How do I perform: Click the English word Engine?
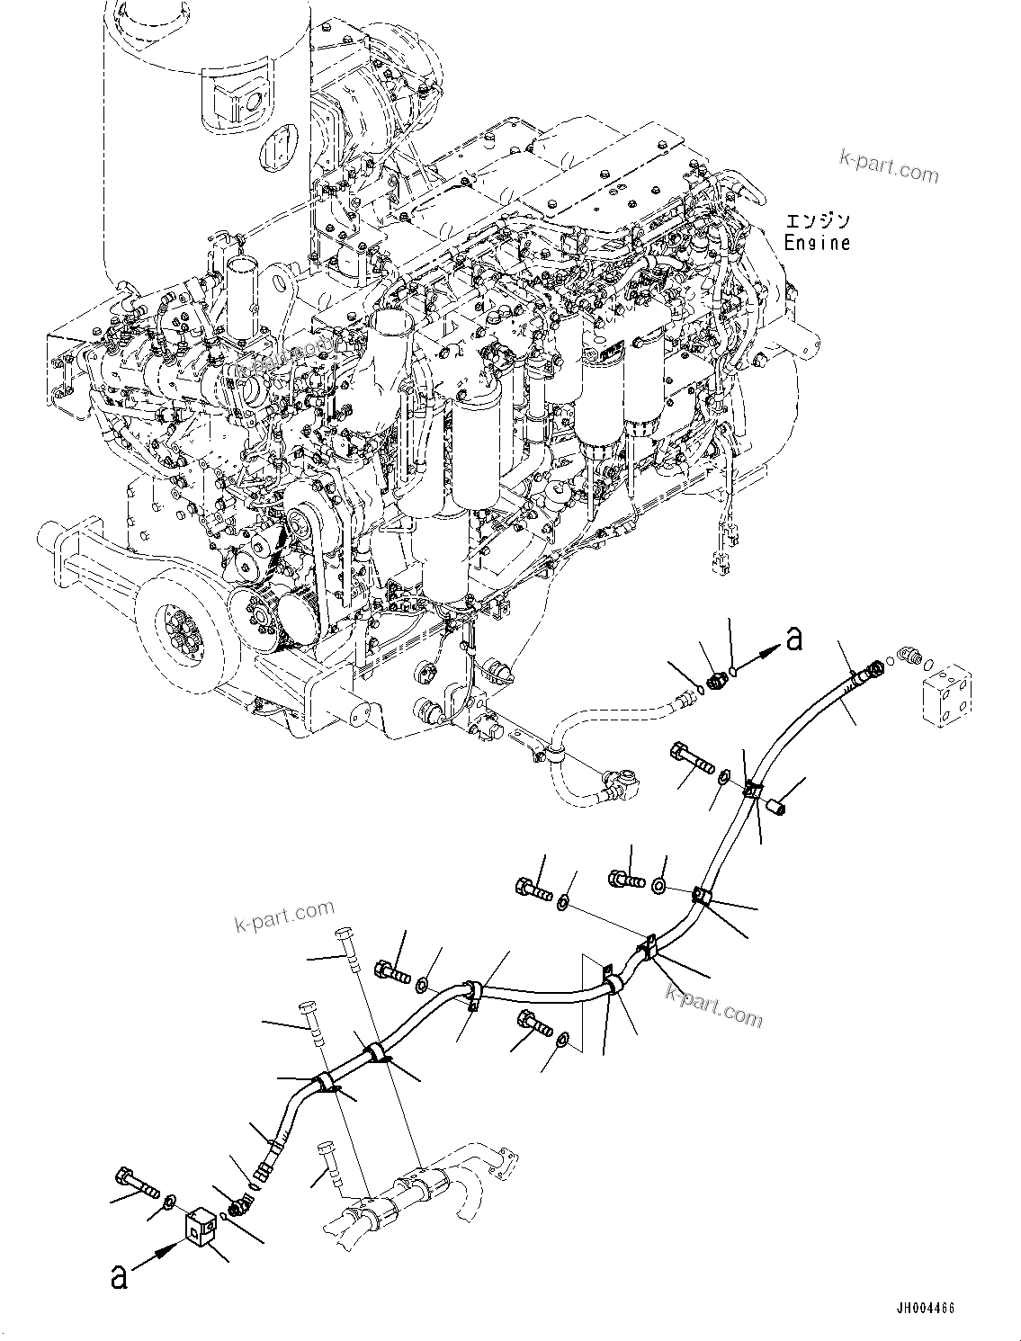point(817,242)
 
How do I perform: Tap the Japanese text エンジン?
point(817,220)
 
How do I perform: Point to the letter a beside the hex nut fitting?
point(793,639)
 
